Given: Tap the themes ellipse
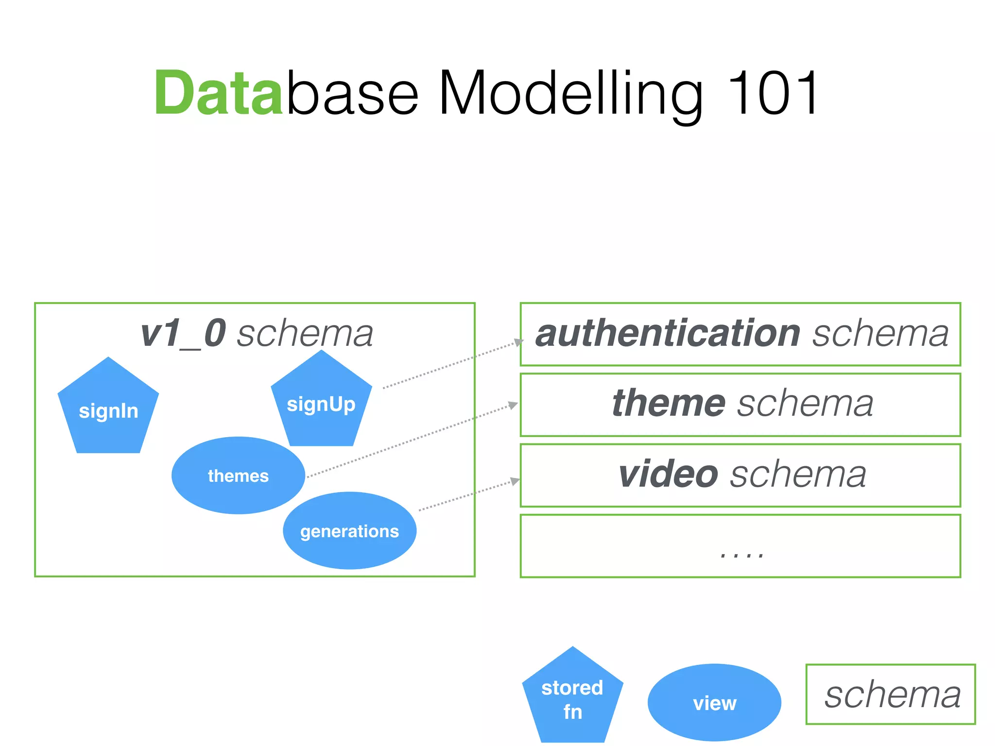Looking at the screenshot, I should pyautogui.click(x=238, y=475).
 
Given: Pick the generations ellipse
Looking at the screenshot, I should pyautogui.click(x=349, y=530).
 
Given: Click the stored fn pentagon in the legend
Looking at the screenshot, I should pyautogui.click(x=572, y=699).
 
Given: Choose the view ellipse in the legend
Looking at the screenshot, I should pyautogui.click(x=714, y=702).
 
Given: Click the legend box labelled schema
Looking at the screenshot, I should pyautogui.click(x=891, y=694).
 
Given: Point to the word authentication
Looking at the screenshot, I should pyautogui.click(x=668, y=334).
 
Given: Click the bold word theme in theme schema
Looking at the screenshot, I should pyautogui.click(x=669, y=404).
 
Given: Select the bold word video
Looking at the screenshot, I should pyautogui.click(x=668, y=475).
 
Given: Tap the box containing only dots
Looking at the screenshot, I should pyautogui.click(x=740, y=546).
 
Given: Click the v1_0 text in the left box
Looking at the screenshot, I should pyautogui.click(x=183, y=334).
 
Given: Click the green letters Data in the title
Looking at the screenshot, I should pyautogui.click(x=218, y=93).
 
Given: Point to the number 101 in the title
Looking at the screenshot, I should pyautogui.click(x=772, y=93).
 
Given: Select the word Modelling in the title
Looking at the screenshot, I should pyautogui.click(x=570, y=93).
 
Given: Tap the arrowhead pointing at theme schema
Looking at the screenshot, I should pyautogui.click(x=513, y=405).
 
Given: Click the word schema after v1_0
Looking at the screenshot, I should pyautogui.click(x=305, y=334).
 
